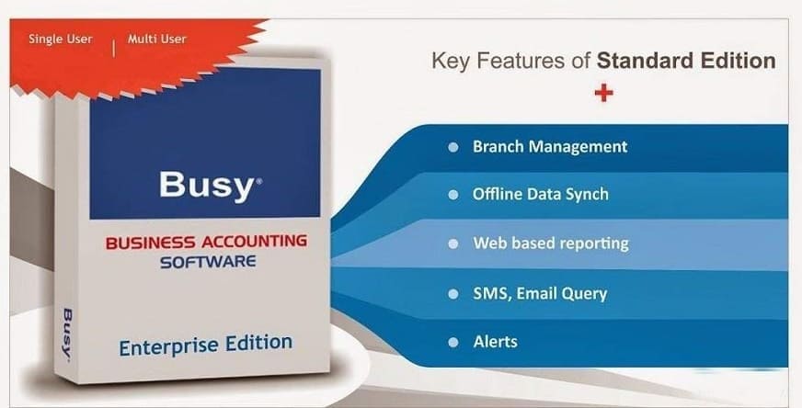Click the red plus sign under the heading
point(603,93)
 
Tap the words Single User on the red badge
point(61,39)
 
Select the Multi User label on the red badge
point(157,39)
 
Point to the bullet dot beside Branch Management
point(453,147)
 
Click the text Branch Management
point(550,147)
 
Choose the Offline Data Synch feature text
point(541,194)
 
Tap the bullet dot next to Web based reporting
point(453,244)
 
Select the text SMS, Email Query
point(540,293)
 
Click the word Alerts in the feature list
point(495,342)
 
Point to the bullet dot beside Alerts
point(453,342)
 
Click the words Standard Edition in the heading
point(686,61)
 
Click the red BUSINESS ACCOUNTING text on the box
point(206,242)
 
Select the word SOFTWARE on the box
point(208,262)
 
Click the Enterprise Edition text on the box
point(206,345)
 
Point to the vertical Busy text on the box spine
point(67,334)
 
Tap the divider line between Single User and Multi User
point(113,48)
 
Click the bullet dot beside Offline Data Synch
point(453,195)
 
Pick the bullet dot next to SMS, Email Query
point(453,294)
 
